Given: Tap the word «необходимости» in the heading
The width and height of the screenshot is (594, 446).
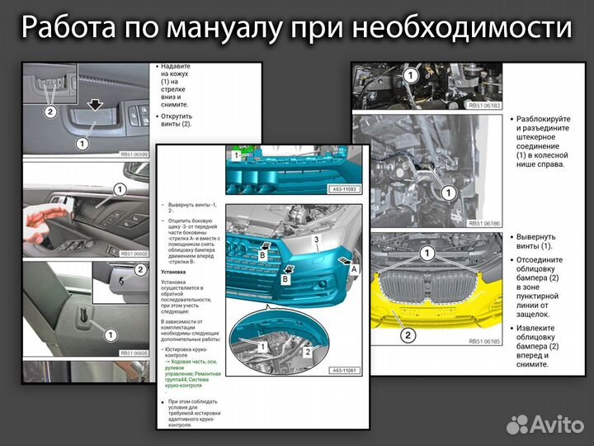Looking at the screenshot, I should [461, 29].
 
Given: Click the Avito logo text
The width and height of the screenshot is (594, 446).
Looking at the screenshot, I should [554, 425].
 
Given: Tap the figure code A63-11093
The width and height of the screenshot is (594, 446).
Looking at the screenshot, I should [345, 188].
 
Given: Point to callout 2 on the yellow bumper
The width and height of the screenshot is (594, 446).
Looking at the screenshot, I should [408, 335].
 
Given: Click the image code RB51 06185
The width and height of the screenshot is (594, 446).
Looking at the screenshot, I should [483, 340].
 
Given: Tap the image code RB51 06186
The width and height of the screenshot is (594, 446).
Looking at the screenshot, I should [483, 223].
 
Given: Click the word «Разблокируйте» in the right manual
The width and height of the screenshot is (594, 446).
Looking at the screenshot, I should [540, 119].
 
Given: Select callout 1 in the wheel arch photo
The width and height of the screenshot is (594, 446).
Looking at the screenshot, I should [446, 192].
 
